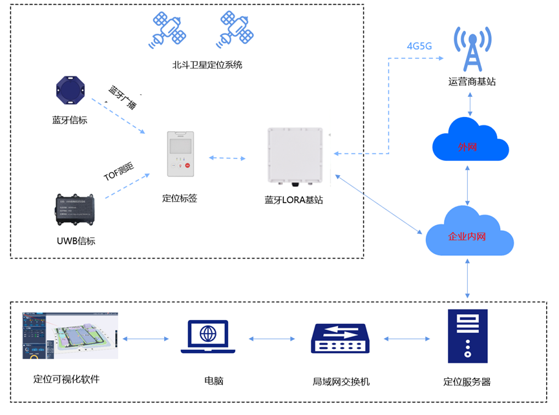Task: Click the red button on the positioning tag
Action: (x=187, y=165)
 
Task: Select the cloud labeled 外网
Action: (x=470, y=140)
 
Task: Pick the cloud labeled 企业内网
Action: (x=468, y=233)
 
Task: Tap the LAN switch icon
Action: (x=340, y=338)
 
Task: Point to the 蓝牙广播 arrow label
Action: (x=123, y=97)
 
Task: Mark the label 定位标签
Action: (x=179, y=198)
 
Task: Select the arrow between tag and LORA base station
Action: (x=227, y=158)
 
